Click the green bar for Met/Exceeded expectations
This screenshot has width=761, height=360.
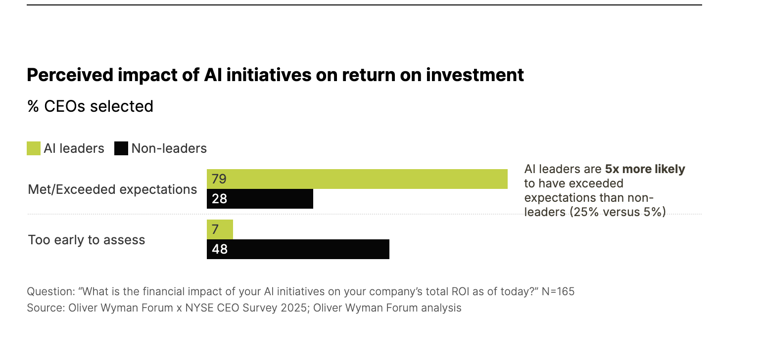tap(357, 179)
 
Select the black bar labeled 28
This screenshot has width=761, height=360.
tap(260, 199)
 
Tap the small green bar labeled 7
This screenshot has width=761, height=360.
tap(220, 229)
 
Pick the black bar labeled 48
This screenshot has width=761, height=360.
tap(298, 249)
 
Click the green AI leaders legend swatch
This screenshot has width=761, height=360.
tap(34, 148)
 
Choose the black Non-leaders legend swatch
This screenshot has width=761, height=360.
tap(121, 148)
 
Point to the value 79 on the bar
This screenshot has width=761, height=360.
tap(219, 179)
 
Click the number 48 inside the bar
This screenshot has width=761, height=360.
tap(219, 249)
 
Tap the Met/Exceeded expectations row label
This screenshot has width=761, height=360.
tap(112, 189)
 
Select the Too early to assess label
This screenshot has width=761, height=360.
tap(87, 240)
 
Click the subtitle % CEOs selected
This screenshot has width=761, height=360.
tap(90, 106)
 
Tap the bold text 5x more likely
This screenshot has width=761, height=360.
tap(645, 169)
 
